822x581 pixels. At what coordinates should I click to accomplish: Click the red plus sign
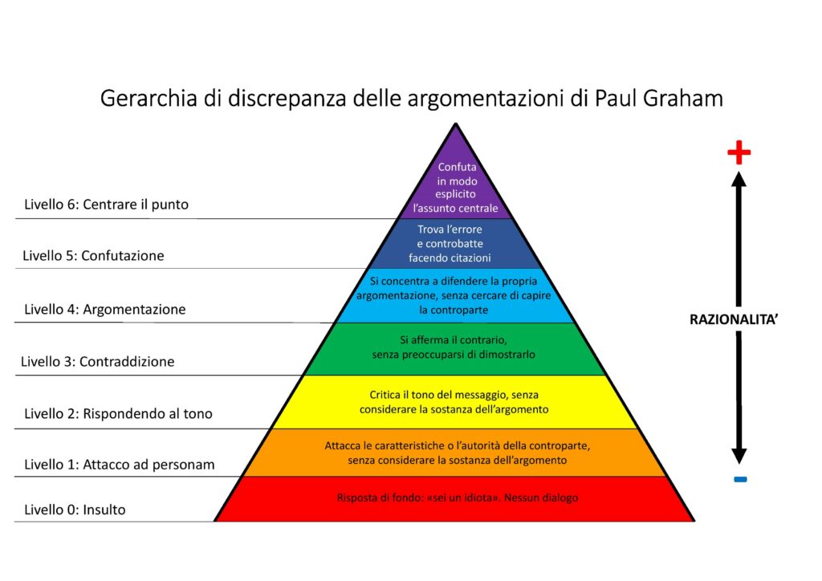click(739, 152)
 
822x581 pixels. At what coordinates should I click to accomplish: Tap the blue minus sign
click(740, 479)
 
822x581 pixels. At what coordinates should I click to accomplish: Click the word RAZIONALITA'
click(734, 319)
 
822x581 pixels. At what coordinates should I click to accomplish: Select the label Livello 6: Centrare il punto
click(107, 205)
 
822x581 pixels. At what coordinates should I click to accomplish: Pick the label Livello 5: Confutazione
click(93, 256)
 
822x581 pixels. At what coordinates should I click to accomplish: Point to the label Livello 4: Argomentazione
click(105, 309)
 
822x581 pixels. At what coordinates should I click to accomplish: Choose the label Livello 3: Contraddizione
click(97, 361)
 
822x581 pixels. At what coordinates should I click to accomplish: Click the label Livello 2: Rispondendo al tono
click(119, 414)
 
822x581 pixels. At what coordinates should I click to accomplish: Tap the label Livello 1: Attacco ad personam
click(120, 465)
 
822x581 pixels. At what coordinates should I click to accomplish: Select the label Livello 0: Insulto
click(75, 510)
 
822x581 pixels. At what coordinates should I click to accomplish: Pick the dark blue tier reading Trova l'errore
click(455, 244)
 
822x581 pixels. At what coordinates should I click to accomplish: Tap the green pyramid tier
click(455, 348)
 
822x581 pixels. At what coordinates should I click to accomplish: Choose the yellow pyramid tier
click(455, 402)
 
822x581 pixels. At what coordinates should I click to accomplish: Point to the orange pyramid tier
click(455, 453)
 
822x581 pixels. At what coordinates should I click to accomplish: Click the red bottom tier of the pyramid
click(455, 499)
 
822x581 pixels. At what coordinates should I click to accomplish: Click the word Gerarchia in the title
click(149, 98)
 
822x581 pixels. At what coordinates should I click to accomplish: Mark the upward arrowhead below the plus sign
click(739, 180)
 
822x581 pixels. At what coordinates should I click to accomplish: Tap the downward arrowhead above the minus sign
click(739, 457)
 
